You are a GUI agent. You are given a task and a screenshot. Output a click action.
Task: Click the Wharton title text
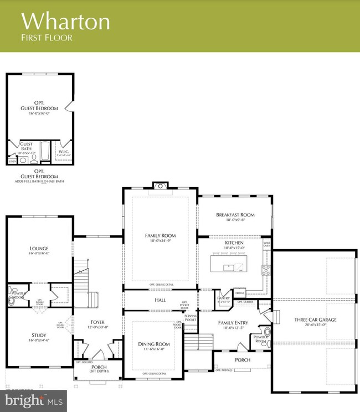[x=65, y=21]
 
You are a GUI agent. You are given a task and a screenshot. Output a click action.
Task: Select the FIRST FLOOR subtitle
[x=47, y=38]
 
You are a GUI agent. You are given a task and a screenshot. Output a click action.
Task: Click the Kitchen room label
[x=235, y=243]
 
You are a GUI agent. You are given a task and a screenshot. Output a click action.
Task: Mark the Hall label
[x=160, y=300]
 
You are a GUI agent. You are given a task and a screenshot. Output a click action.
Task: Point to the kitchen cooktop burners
[x=266, y=270]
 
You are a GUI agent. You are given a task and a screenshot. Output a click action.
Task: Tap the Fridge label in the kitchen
[x=240, y=292]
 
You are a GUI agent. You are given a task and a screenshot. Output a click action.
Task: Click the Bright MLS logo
[x=33, y=400]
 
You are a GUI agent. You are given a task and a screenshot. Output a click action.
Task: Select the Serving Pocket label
[x=191, y=318]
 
